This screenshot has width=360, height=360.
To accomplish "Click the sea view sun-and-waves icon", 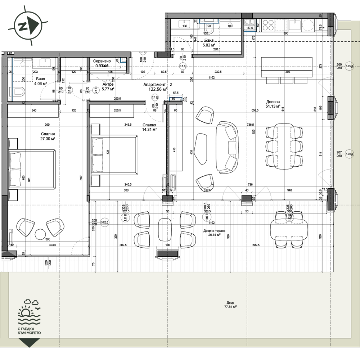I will coord(30,312).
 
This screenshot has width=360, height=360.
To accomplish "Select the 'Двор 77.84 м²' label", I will coord(230,305).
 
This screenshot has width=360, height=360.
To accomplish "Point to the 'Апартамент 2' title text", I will coord(158,84).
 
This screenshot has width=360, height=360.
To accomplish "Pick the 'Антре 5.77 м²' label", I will coord(108,86).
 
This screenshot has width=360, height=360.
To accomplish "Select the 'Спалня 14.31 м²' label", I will coord(149,127).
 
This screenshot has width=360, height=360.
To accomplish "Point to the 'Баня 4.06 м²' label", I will coord(41,81).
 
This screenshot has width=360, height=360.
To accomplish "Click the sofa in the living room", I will coord(227,147).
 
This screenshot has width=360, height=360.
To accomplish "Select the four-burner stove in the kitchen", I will coord(268,25).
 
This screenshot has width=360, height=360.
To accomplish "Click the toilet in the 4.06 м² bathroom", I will coord(19,92).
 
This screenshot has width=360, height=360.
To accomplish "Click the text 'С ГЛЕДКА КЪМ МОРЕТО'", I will coord(29,331).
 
